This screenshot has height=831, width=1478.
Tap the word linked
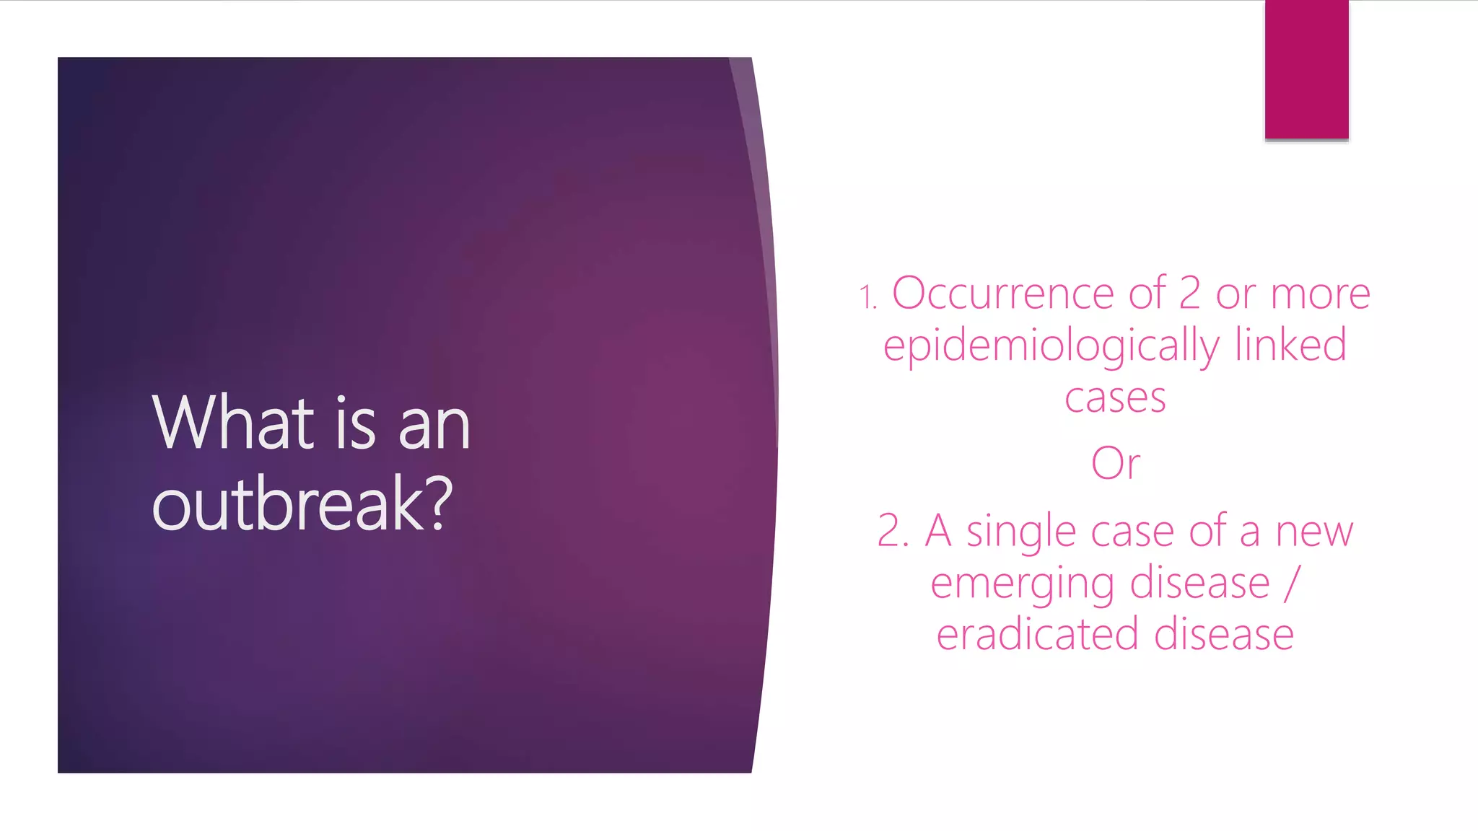click(1290, 345)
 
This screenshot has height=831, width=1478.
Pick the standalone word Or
click(1116, 464)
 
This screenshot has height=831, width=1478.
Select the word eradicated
click(1037, 635)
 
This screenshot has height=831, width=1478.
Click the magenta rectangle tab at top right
click(1306, 69)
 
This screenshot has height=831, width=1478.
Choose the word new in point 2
click(1314, 533)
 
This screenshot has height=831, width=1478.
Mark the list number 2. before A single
click(892, 532)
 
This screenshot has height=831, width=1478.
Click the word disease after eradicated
click(1223, 635)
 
